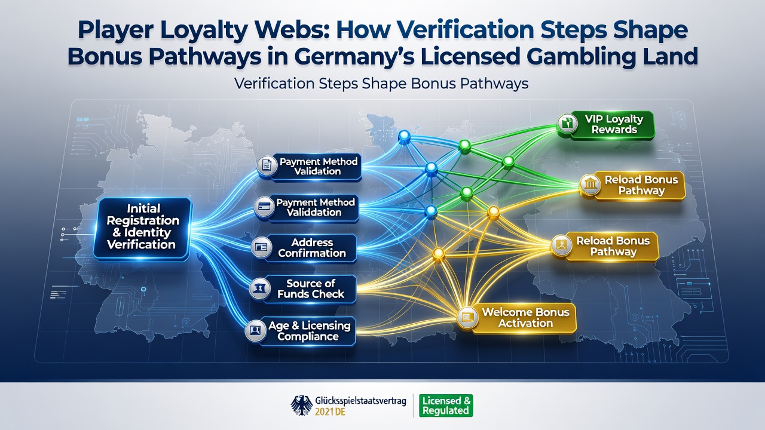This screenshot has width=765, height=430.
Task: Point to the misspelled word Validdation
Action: click(314, 212)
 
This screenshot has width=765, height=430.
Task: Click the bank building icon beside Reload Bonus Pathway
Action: click(590, 185)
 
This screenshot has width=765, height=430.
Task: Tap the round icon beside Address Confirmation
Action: click(262, 247)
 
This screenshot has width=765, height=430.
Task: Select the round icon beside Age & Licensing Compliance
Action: click(256, 331)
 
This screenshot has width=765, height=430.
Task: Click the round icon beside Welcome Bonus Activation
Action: click(467, 318)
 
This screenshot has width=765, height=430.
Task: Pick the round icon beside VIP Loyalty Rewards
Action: click(567, 124)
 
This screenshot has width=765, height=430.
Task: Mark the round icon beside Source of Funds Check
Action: click(260, 288)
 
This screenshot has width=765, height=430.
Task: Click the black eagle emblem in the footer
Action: click(302, 405)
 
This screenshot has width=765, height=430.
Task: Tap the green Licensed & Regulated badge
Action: click(446, 406)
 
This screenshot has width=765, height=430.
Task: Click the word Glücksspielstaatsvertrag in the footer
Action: click(360, 401)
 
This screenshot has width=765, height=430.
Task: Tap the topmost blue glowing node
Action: click(405, 136)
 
